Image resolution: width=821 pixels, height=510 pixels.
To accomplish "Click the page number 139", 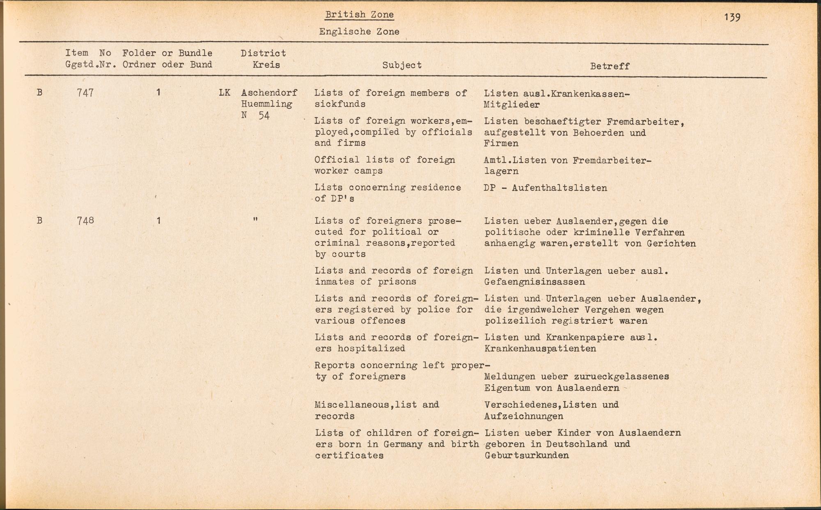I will (x=732, y=17).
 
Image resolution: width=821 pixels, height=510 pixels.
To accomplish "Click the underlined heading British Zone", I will (x=359, y=15).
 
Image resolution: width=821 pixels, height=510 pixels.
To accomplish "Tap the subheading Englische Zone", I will (x=359, y=32).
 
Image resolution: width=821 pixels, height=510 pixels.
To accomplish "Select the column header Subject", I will (x=402, y=65).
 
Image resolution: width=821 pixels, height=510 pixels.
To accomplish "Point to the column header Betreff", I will (x=610, y=66).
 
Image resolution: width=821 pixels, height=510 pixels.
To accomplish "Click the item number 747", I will (x=85, y=93).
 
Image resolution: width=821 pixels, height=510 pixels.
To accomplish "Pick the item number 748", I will (x=85, y=220).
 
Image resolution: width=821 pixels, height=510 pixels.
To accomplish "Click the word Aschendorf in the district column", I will (x=269, y=93).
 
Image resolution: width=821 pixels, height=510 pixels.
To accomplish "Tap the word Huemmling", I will (x=266, y=104).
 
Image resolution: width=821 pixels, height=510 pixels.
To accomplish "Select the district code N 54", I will (x=255, y=115).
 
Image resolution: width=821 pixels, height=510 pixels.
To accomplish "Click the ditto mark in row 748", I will (x=255, y=220).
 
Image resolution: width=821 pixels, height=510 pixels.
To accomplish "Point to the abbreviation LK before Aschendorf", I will (x=225, y=93).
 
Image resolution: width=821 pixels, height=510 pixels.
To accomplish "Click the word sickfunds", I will (x=340, y=104).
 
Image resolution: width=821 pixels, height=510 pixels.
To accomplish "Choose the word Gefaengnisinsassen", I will (x=534, y=282).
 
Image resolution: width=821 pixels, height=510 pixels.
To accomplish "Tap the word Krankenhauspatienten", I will (x=540, y=349).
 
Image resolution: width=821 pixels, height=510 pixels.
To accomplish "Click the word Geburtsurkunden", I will (x=527, y=455).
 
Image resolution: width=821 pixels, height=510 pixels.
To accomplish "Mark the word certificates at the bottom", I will (x=349, y=455).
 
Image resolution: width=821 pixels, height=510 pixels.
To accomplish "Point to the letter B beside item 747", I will (x=39, y=93).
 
